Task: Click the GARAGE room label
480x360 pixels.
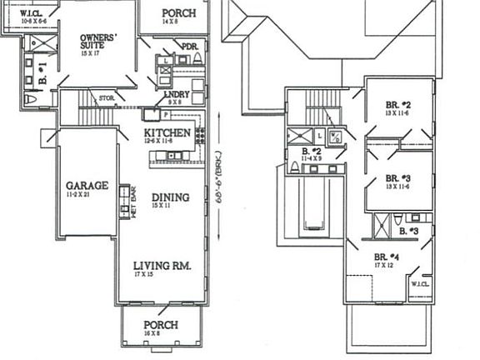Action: (87, 186)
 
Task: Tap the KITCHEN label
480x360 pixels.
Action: (167, 133)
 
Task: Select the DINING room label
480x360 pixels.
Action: (170, 197)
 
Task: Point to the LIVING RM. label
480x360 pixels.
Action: (162, 267)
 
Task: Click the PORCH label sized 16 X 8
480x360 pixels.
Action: (162, 325)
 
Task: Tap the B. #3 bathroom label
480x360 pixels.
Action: (411, 230)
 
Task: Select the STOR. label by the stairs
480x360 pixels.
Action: (106, 98)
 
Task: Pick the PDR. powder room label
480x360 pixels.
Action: (190, 47)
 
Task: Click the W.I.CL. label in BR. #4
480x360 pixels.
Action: (418, 284)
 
